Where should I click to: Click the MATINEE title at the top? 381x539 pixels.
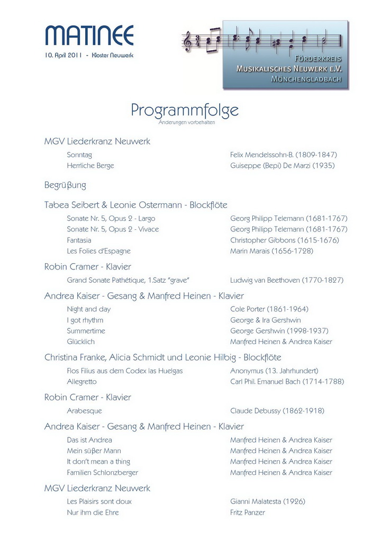[89, 35]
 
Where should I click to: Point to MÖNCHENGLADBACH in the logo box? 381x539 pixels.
[306, 79]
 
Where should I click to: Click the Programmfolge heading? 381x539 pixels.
[185, 110]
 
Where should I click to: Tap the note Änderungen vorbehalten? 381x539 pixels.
[187, 122]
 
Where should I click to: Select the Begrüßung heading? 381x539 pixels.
[65, 185]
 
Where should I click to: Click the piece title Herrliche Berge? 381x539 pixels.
[90, 165]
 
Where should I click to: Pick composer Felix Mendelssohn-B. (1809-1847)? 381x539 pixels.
[284, 155]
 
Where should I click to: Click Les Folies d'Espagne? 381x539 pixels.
[98, 250]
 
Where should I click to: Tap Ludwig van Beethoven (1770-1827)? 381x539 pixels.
[287, 280]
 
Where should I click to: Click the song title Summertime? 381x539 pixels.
[86, 331]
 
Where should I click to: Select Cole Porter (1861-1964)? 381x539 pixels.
[269, 309]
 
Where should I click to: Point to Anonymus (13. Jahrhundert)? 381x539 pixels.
[274, 371]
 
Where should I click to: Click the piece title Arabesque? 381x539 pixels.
[84, 410]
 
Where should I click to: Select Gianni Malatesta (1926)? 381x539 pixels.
[268, 501]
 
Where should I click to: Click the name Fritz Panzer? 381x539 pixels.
[248, 512]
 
